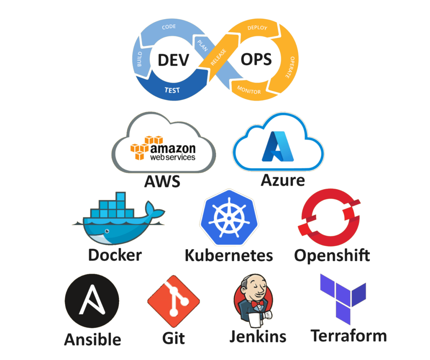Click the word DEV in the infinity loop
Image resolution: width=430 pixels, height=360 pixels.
173,60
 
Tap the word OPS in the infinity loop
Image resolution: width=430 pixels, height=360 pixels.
256,60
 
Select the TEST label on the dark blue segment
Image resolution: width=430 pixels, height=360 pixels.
172,90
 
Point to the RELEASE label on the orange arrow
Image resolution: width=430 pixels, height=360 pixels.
218,57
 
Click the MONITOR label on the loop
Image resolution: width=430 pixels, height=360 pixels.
249,90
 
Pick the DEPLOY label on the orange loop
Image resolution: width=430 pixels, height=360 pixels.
257,28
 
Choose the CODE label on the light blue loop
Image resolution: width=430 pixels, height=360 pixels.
169,26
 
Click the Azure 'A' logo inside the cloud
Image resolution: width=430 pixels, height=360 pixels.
278,146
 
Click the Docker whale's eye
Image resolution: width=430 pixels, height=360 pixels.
107,231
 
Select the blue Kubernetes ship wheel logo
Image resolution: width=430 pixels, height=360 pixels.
229,217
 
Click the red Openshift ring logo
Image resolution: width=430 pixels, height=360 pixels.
329,217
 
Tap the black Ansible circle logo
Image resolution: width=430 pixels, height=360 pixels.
92,301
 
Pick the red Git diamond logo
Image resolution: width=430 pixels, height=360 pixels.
173,301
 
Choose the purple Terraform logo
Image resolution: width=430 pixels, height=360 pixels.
343,299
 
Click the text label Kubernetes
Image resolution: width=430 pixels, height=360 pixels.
229,256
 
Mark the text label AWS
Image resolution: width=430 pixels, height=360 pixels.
163,181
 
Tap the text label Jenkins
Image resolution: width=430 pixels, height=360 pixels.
258,336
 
